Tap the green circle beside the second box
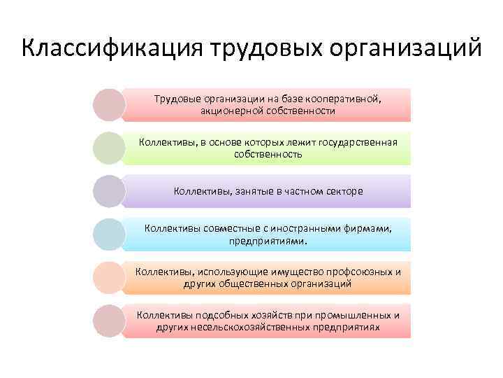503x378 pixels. [109, 148]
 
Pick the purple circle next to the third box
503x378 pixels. [109, 191]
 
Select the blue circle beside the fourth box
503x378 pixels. [109, 234]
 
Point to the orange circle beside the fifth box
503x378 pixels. [109, 278]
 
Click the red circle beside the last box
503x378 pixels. [109, 321]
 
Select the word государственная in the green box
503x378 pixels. [358, 143]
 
